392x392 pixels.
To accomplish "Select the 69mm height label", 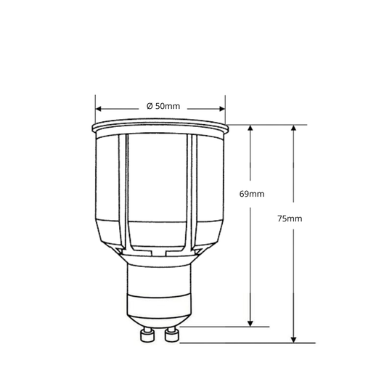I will [252, 194].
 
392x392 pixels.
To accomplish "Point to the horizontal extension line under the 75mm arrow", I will [247, 342].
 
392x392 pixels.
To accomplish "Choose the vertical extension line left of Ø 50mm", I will [95, 109].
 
